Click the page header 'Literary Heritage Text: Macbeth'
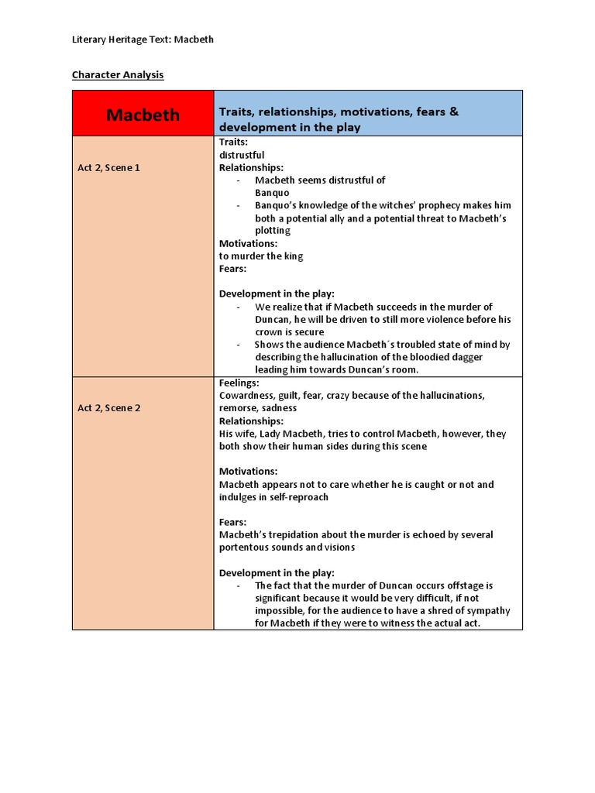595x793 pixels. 143,39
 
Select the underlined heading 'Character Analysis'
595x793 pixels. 118,75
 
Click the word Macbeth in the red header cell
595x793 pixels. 143,115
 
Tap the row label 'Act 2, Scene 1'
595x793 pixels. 109,167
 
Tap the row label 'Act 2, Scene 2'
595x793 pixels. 109,408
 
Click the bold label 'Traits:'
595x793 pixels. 234,142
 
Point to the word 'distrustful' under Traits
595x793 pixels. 242,155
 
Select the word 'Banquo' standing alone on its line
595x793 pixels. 272,193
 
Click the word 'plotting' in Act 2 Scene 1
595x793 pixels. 273,231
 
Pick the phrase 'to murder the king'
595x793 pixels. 261,256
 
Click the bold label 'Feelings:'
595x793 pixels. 239,383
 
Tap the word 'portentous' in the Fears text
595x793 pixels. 245,548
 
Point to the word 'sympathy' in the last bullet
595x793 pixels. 489,611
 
